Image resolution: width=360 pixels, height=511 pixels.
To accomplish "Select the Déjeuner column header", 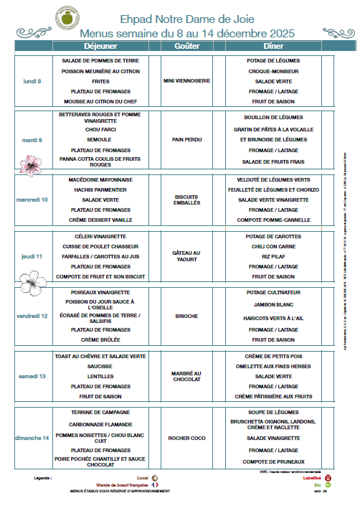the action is click(101, 45).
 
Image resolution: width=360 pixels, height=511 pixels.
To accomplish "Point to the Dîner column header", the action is click(274, 45).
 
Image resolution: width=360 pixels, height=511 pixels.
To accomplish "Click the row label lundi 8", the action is click(32, 81).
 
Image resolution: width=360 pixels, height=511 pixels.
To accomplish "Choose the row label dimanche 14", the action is click(32, 437).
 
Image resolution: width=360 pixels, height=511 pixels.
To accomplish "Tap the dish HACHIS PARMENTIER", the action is click(101, 189).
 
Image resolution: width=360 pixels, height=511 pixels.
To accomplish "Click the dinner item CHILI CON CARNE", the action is click(274, 246).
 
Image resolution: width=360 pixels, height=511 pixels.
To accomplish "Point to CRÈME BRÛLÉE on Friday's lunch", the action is click(101, 339).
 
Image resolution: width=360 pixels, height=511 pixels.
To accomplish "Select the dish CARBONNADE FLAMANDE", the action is click(101, 424).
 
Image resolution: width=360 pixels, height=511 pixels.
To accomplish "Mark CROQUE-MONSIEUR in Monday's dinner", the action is click(274, 71).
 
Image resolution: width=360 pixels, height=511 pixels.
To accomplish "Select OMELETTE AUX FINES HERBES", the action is click(274, 366).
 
